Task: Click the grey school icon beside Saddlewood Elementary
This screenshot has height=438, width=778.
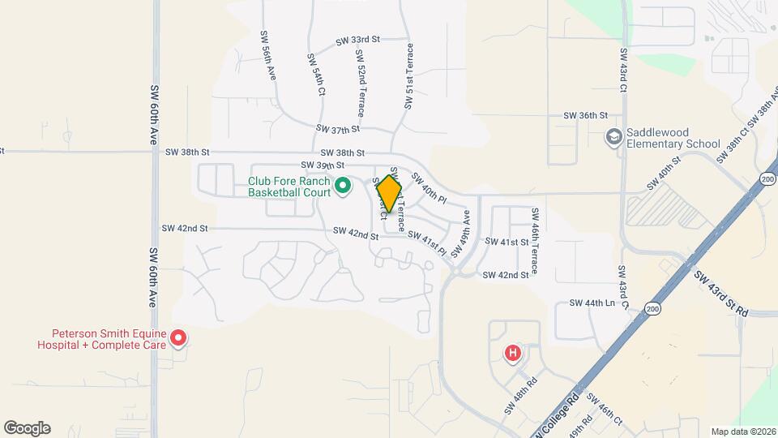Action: coord(613,137)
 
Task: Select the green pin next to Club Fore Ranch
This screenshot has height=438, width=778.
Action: coord(342,187)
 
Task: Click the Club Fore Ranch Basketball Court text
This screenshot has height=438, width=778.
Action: coord(289,187)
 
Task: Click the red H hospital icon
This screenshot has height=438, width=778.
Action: coord(512,353)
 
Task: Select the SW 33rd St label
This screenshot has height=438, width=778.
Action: coord(357,39)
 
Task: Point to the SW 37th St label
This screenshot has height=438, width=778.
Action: coord(338,129)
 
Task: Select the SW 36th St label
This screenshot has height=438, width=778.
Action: coord(586,116)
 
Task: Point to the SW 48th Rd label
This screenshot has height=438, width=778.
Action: coord(521,393)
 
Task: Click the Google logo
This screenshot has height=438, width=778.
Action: coord(27,428)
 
